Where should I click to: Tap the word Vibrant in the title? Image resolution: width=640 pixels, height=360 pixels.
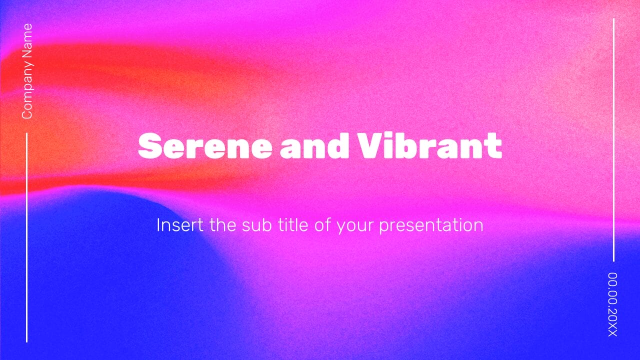[x=429, y=146]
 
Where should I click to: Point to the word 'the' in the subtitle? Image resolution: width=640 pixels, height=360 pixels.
[x=223, y=225]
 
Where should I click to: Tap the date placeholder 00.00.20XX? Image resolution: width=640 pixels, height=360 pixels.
[x=613, y=304]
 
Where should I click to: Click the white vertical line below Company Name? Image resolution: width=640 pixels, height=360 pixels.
[x=26, y=237]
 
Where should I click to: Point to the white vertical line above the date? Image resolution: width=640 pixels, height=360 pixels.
[x=613, y=140]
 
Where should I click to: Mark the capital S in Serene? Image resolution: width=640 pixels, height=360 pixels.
[x=148, y=146]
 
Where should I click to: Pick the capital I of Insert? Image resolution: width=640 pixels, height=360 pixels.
[x=159, y=225]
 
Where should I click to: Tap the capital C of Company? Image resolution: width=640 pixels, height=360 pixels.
[x=27, y=114]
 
